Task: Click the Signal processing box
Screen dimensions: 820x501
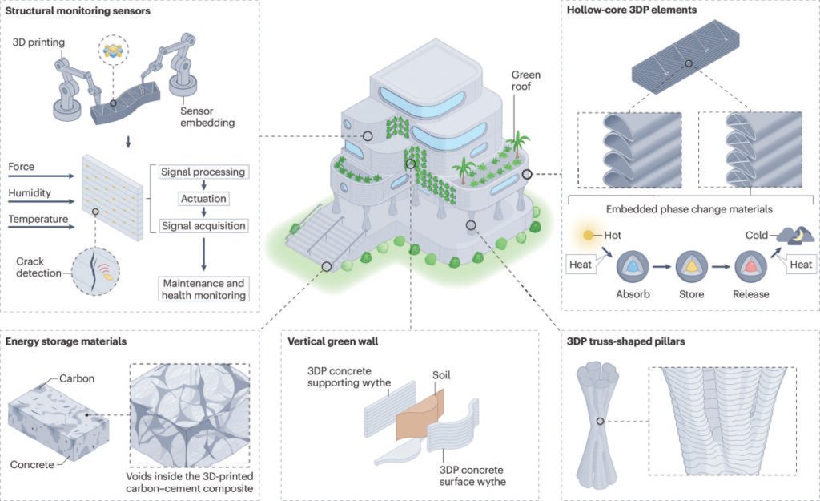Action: [x=203, y=172]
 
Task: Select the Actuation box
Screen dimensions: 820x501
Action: [x=203, y=199]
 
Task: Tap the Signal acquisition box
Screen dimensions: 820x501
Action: [x=203, y=225]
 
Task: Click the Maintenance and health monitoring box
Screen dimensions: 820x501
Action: [x=203, y=289]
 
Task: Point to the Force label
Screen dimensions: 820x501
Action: [x=22, y=167]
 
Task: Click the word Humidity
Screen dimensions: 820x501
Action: [x=30, y=192]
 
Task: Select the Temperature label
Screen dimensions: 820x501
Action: [x=38, y=219]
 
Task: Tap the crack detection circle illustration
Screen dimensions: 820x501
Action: [x=95, y=272]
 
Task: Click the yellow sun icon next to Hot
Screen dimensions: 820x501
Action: [x=589, y=235]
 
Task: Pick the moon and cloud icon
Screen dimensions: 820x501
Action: [x=795, y=236]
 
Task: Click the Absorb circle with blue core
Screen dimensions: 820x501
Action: [x=633, y=266]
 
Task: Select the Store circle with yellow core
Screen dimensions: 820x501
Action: [x=691, y=266]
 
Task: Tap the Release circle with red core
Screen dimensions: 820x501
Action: [x=750, y=266]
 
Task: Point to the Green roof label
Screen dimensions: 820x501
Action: [x=525, y=81]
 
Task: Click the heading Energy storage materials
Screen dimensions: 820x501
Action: [x=66, y=341]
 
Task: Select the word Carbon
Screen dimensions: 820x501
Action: [x=76, y=378]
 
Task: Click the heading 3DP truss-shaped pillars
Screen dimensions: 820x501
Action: [x=626, y=341]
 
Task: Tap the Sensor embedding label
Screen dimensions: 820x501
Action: [x=207, y=117]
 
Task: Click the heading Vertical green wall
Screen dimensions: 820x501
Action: [x=333, y=341]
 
